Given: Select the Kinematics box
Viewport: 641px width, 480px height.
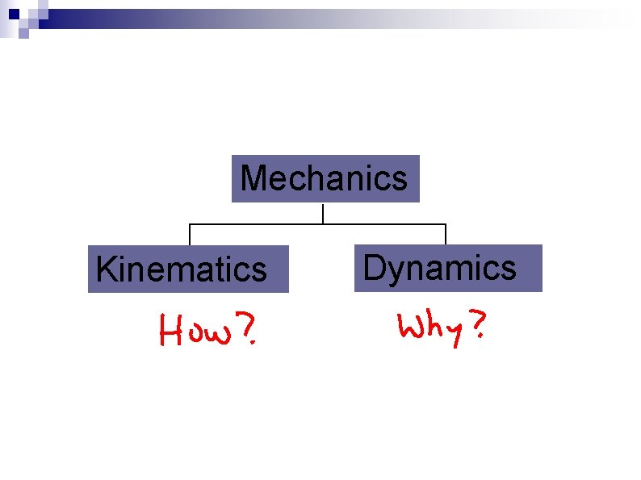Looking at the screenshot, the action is pyautogui.click(x=188, y=269).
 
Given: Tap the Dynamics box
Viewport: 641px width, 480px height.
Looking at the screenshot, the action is pyautogui.click(x=448, y=267).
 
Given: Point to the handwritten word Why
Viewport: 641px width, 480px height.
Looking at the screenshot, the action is pyautogui.click(x=427, y=328).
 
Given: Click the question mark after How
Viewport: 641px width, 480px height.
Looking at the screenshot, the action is pyautogui.click(x=248, y=330).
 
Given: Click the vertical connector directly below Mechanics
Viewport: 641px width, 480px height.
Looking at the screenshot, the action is pyautogui.click(x=323, y=213).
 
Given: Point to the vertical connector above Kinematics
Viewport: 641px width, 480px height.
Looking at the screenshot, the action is pyautogui.click(x=190, y=234).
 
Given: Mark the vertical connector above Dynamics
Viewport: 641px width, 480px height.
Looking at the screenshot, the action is pyautogui.click(x=446, y=234).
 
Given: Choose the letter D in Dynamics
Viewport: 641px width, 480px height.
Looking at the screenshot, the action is pyautogui.click(x=374, y=267).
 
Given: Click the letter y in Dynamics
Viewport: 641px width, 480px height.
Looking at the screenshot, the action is pyautogui.click(x=396, y=271).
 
